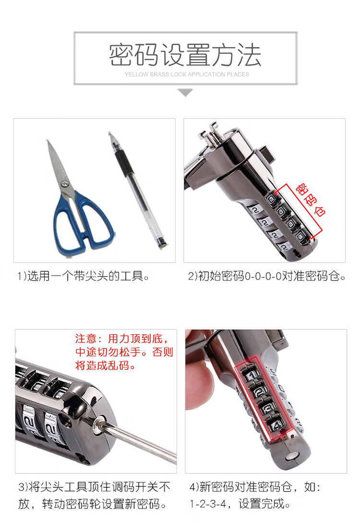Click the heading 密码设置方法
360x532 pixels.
pyautogui.click(x=185, y=55)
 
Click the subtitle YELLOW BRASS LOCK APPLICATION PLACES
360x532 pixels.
pyautogui.click(x=187, y=74)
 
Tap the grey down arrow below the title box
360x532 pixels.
pyautogui.click(x=185, y=92)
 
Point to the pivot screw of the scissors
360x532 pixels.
pyautogui.click(x=65, y=184)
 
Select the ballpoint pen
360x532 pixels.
pyautogui.click(x=137, y=190)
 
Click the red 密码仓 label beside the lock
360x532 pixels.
pyautogui.click(x=310, y=200)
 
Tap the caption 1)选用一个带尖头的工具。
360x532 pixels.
pyautogui.click(x=84, y=276)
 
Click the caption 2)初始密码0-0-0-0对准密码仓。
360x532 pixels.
pyautogui.click(x=267, y=276)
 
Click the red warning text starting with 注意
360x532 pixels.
pyautogui.click(x=124, y=352)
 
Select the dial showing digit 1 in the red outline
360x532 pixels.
pyautogui.click(x=251, y=375)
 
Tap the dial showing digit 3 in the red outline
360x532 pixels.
pyautogui.click(x=268, y=408)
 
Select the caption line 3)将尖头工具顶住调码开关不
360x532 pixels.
pyautogui.click(x=95, y=487)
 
